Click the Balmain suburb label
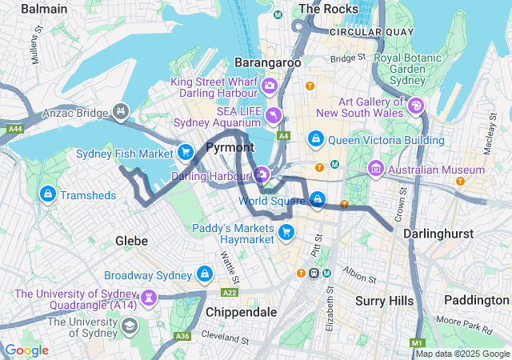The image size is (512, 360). coord(44,8)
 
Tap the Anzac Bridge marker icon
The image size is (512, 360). coord(122,112)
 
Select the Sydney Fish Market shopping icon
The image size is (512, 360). coord(186,152)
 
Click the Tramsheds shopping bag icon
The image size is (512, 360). coord(47,194)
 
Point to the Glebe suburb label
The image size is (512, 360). coord(131,240)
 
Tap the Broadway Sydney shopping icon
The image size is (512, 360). coord(205,274)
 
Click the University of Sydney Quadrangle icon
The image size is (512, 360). coord(148,298)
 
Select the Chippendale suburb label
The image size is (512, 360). coord(241,311)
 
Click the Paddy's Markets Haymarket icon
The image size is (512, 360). coord(286,232)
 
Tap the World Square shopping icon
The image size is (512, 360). coord(318,198)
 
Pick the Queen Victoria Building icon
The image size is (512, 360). coord(317,140)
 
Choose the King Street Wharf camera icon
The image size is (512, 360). coord(270,85)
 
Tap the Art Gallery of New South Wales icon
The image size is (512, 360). coord(416,106)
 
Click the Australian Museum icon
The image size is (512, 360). coord(375,169)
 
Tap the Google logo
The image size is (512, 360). coord(26,350)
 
